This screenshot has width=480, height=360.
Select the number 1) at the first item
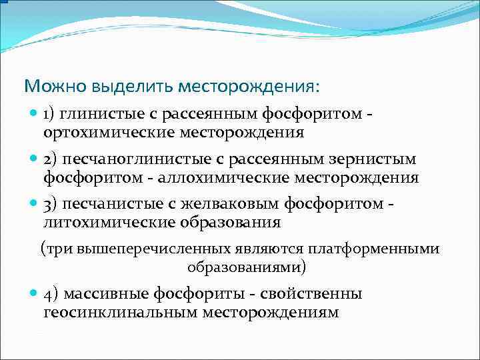click(51, 114)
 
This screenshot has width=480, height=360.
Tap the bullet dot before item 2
click(35, 159)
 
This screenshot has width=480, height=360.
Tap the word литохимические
click(102, 222)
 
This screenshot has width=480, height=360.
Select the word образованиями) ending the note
click(246, 267)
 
